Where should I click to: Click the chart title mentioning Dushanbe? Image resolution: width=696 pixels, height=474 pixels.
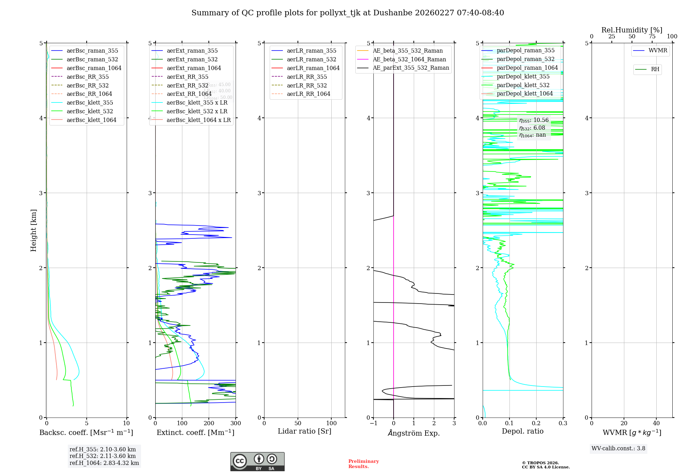tap(347, 13)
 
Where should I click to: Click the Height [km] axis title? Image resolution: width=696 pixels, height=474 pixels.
tap(33, 230)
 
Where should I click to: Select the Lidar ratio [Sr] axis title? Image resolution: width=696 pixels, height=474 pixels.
tap(304, 431)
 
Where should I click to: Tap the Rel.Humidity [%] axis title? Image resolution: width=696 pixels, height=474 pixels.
tap(632, 30)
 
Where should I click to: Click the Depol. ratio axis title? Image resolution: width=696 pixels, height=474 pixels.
tap(522, 431)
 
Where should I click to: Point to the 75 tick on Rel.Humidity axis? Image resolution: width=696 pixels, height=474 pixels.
tap(652, 37)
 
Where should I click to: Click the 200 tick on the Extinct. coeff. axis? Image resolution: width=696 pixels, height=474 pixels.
tap(209, 423)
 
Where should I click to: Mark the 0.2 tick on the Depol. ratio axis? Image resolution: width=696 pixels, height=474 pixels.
tap(536, 423)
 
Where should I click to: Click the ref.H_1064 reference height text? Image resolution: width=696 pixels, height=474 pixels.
tap(104, 463)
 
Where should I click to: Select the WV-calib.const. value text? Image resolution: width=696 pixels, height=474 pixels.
tap(618, 449)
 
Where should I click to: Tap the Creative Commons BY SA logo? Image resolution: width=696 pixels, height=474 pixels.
tap(257, 461)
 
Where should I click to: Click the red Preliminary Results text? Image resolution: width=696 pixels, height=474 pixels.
tap(363, 464)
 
